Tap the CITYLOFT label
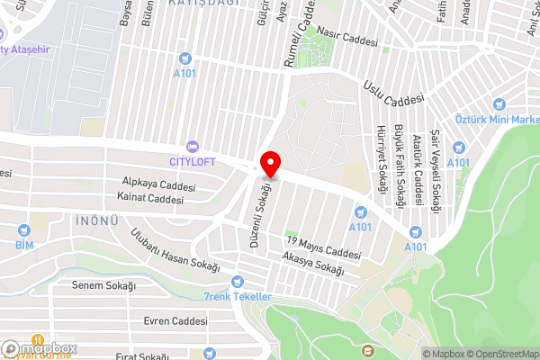192,161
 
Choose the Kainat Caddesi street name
149,199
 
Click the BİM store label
24,244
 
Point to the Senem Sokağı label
103,285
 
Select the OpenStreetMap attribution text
500,354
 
